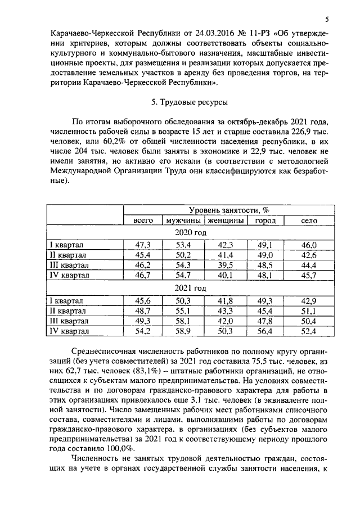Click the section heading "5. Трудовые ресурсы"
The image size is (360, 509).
pyautogui.click(x=186, y=103)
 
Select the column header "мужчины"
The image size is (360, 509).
pyautogui.click(x=182, y=221)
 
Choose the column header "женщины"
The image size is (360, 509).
pyautogui.click(x=226, y=221)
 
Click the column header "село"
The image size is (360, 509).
pyautogui.click(x=309, y=221)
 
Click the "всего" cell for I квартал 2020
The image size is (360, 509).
pyautogui.click(x=143, y=245)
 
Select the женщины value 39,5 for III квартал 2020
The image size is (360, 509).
pyautogui.click(x=226, y=265)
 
